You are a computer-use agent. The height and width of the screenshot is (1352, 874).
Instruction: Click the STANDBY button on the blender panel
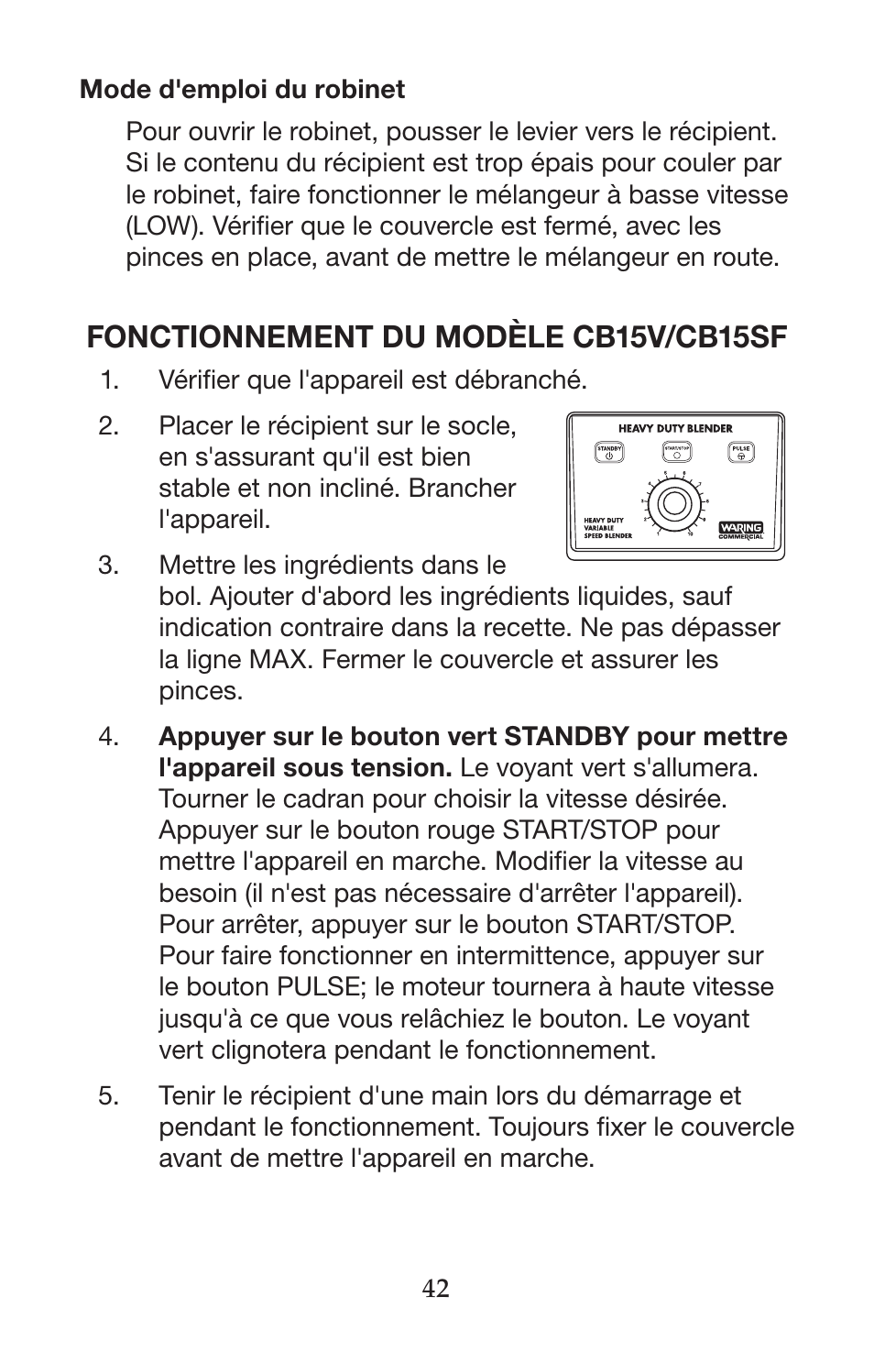[x=609, y=452]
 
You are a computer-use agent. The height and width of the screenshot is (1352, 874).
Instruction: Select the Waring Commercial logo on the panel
[x=741, y=531]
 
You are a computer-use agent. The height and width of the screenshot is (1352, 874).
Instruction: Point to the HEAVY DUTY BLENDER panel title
[x=675, y=428]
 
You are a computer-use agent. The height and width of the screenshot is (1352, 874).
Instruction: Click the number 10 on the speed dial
[x=692, y=533]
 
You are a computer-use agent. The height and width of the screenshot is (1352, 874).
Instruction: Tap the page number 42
[x=436, y=1288]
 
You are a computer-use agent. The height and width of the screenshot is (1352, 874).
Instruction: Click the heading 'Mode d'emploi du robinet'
[x=242, y=90]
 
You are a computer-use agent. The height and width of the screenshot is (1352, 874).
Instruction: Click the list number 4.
[x=110, y=737]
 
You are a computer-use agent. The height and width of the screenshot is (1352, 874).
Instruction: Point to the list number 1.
[x=110, y=379]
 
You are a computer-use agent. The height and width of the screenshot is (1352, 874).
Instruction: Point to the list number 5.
[x=110, y=1096]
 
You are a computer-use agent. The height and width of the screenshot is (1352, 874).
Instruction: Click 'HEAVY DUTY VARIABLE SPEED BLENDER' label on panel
[x=608, y=528]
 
